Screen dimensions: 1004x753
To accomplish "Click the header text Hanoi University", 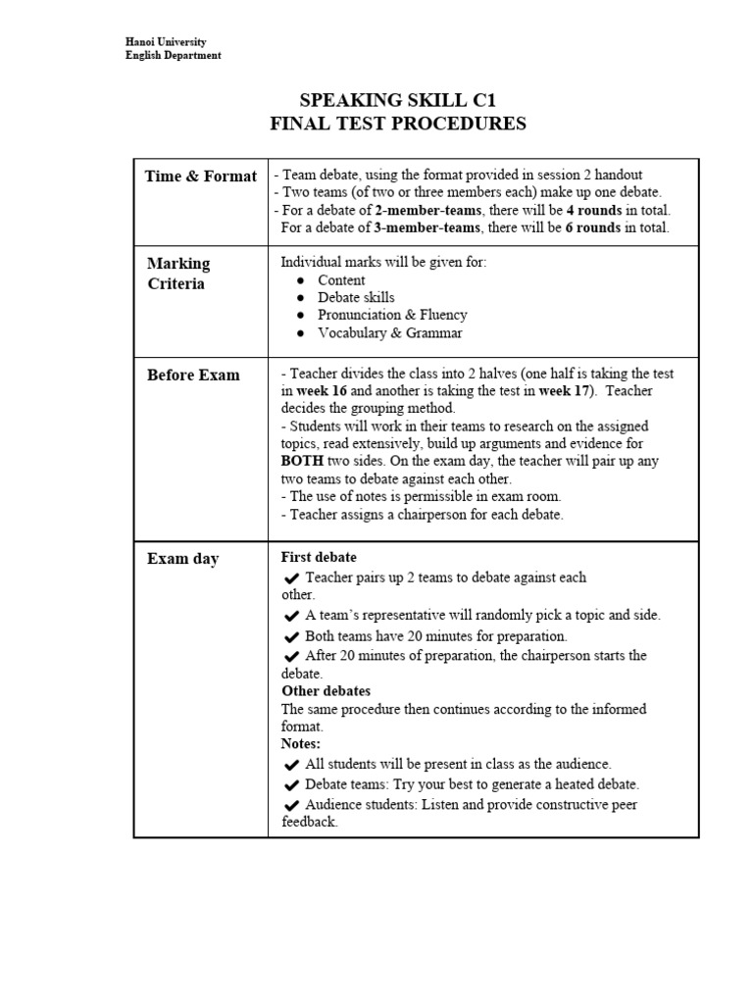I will coord(166,42).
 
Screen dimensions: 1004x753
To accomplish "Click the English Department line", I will coord(173,56).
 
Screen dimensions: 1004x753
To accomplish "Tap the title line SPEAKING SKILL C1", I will coord(398,100).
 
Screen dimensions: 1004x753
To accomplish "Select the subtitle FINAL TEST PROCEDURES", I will coord(398,124).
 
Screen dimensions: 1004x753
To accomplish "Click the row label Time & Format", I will coord(200,176).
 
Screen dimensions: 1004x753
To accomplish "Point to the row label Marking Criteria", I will coord(178,274).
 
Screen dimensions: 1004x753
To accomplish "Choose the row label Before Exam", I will coord(193,375).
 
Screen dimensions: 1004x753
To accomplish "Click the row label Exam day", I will coord(182,559).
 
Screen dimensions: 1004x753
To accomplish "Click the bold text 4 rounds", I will coord(600,211).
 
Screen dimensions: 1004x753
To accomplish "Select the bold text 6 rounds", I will coord(600,227).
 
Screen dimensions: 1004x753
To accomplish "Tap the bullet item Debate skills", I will coord(356,297).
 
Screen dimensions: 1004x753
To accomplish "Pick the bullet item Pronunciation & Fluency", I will coord(392,315).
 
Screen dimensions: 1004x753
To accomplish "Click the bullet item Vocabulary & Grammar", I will coord(389,332).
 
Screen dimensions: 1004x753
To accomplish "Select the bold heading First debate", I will coord(319,557).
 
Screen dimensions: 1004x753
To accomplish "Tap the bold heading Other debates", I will coord(326,691).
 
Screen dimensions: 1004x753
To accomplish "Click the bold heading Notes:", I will coord(301,744).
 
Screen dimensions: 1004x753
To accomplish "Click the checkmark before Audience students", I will coord(291,806).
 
